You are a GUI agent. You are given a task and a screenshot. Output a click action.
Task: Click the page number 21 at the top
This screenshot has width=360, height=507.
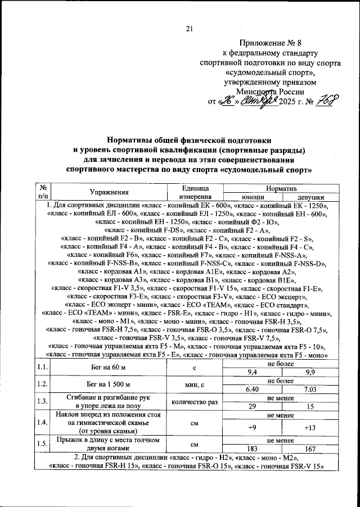click(189, 29)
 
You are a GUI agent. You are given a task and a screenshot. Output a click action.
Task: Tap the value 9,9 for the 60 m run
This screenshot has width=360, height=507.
click(310, 372)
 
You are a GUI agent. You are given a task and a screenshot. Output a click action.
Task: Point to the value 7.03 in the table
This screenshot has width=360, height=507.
click(310, 389)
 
